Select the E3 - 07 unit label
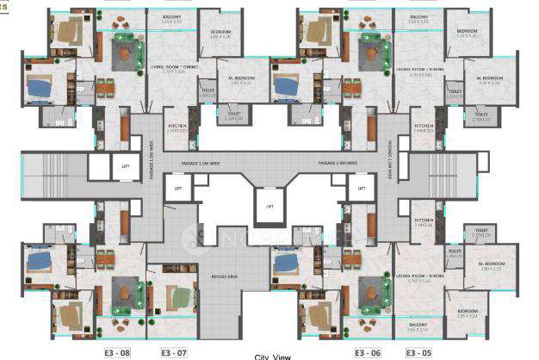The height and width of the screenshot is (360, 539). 174,352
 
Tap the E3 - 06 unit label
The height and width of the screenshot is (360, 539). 367,352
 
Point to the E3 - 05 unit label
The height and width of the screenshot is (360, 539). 418,352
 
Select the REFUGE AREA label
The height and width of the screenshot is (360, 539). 225,276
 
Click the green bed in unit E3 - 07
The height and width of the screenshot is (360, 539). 178,298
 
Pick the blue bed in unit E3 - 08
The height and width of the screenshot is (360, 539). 40,258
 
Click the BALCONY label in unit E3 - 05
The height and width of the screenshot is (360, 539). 418,325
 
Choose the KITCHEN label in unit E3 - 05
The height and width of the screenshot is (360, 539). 421,220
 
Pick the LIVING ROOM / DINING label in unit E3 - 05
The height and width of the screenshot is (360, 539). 420,276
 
